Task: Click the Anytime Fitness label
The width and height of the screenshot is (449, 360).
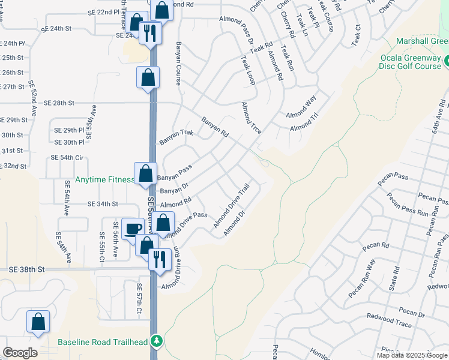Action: [x=104, y=180]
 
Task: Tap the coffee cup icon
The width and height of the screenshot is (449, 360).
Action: [x=133, y=228]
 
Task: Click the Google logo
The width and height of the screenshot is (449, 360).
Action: [x=19, y=352]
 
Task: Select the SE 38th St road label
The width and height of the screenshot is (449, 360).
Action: [x=26, y=270]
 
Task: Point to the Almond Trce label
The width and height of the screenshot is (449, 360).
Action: [x=251, y=118]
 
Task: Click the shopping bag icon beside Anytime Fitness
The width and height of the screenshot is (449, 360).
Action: [x=145, y=173]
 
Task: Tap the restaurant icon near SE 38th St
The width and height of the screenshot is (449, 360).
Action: [x=159, y=259]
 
